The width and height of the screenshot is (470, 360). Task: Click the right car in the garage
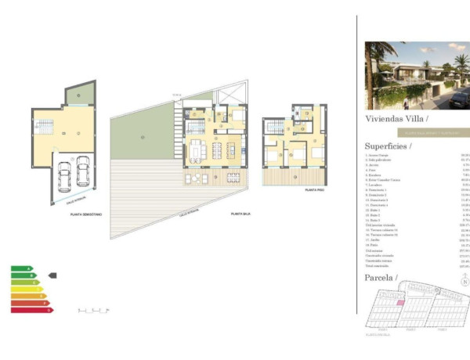81,170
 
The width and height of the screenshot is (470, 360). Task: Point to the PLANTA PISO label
315,190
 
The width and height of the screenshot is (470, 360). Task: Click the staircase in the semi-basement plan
43,126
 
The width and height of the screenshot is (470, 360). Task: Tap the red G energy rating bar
31,310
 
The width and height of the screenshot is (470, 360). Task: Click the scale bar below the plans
91,311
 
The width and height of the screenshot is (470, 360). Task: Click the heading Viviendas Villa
396,119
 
